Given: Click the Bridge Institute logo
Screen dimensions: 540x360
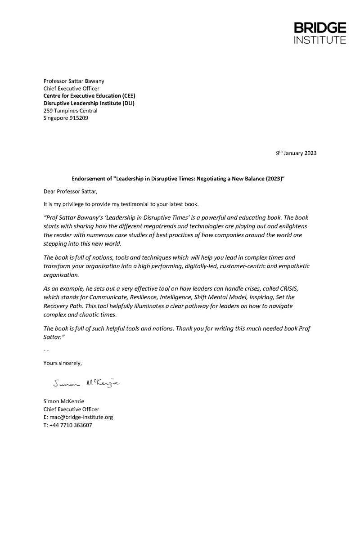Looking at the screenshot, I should [x=320, y=33].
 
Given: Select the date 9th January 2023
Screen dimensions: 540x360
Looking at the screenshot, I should [x=296, y=153].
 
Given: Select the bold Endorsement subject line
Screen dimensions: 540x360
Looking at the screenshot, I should [x=179, y=178].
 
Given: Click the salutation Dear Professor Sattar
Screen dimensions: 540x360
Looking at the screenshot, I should [x=70, y=191].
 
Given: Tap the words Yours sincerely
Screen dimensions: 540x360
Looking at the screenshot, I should [x=63, y=363].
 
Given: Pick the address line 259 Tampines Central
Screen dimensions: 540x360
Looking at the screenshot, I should [x=70, y=111].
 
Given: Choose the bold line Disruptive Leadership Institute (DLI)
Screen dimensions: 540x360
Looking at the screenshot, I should [x=89, y=103].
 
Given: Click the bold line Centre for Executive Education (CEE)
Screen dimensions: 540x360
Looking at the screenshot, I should [x=89, y=96].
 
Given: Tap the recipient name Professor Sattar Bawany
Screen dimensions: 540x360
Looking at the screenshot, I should [x=74, y=81].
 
